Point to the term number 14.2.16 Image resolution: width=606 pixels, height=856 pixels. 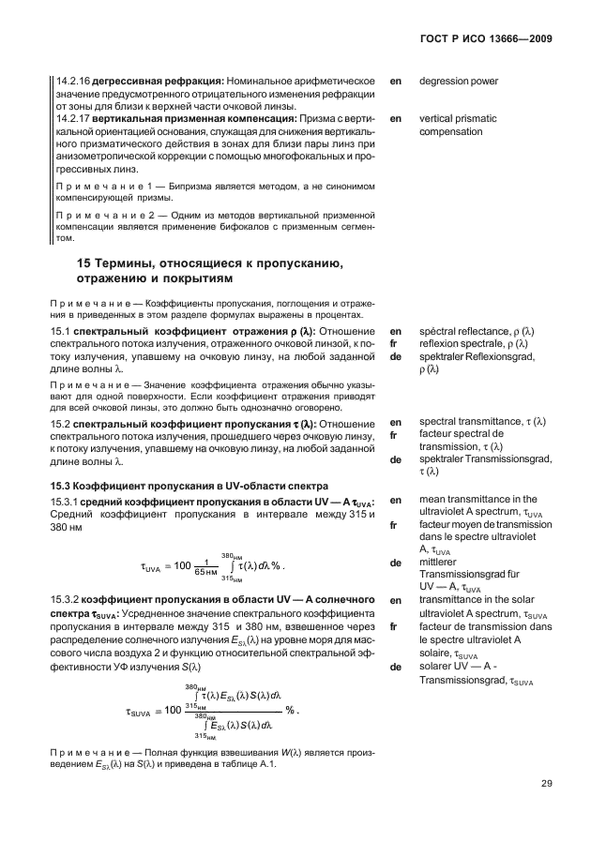(x=70, y=81)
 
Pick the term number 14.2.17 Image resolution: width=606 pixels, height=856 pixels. (x=70, y=119)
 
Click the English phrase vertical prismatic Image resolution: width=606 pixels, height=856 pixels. (x=462, y=119)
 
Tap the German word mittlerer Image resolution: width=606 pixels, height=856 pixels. (x=444, y=563)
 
